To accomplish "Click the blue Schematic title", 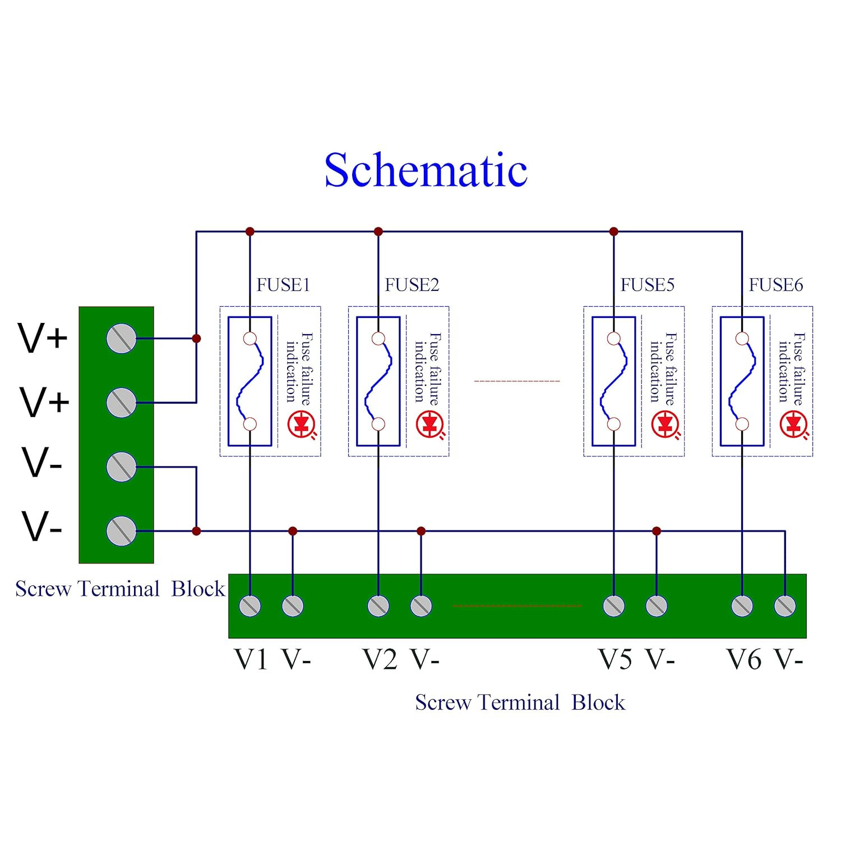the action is [426, 170].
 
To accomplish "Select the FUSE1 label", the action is [283, 285].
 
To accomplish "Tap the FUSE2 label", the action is [412, 285].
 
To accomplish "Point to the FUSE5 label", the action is [648, 285].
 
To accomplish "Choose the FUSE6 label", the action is [776, 285].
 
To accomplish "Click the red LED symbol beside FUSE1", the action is [302, 425].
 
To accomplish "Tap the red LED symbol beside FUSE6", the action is [794, 425].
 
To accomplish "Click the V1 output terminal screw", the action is [250, 606].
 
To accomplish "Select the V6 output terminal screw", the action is [742, 606].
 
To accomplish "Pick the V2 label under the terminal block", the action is [380, 659].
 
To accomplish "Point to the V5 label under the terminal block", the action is [616, 659].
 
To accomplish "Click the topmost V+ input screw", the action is [121, 338].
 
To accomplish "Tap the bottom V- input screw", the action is [121, 530].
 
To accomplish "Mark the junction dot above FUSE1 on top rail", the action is [250, 232].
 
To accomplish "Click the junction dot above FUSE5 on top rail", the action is [614, 232].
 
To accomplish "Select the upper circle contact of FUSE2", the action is [378, 339].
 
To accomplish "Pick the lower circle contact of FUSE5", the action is [614, 424].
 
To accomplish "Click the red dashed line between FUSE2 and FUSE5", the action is [517, 381].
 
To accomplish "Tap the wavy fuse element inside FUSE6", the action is [742, 381].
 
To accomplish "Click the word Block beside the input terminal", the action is [198, 589].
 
